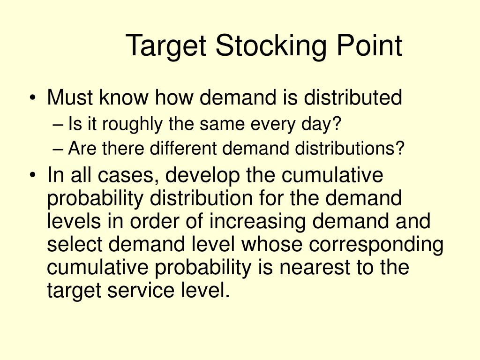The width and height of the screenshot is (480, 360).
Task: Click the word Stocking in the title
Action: tap(271, 47)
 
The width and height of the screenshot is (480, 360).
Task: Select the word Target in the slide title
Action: tap(166, 47)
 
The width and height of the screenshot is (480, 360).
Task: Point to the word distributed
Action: tap(352, 98)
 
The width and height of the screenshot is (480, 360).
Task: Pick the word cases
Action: tap(128, 176)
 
